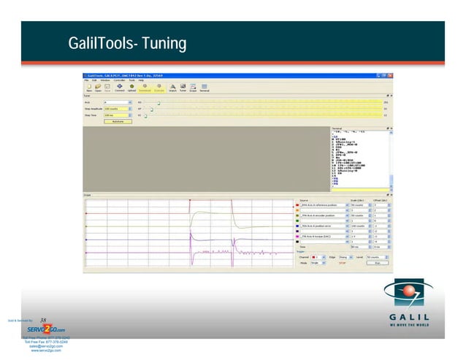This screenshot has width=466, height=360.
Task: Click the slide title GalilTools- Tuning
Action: [127, 45]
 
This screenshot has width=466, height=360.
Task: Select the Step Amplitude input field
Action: [118, 109]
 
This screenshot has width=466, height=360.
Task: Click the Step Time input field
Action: [118, 115]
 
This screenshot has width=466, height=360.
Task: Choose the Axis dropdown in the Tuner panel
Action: [118, 102]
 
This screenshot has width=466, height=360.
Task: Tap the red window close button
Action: [391, 76]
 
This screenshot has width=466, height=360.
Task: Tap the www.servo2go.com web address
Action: [45, 351]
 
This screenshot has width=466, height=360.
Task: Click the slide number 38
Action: [43, 319]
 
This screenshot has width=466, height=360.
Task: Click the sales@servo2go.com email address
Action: [45, 347]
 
